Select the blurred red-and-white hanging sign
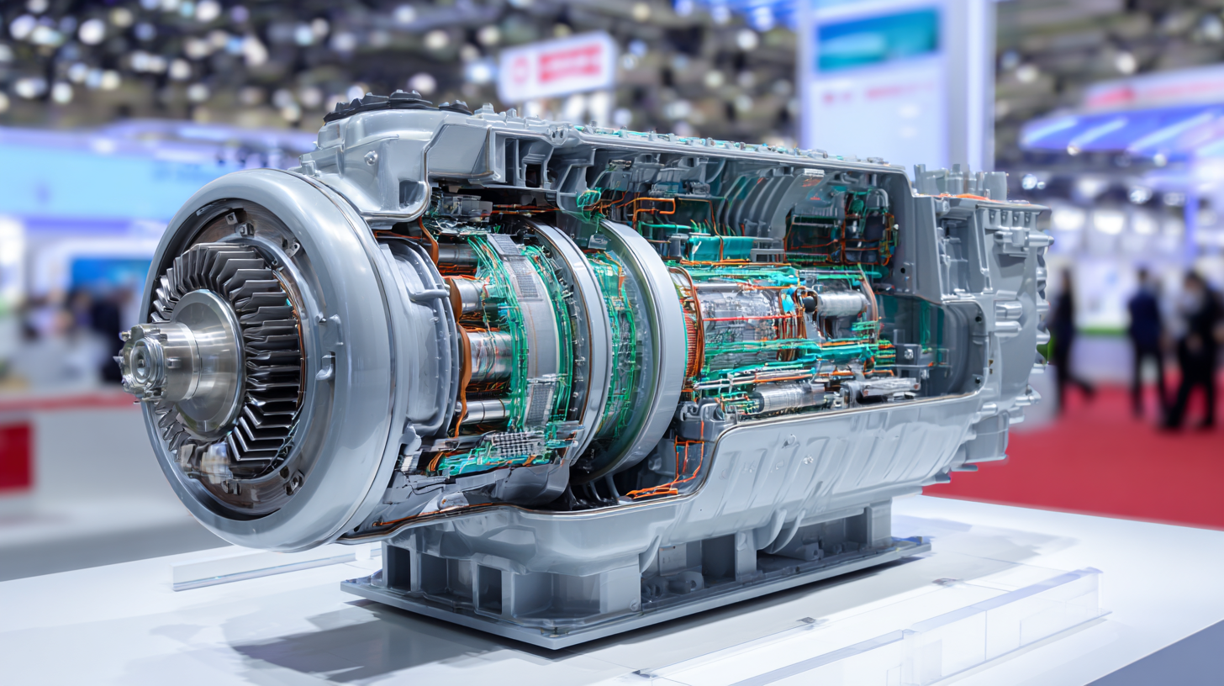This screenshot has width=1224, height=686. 557,66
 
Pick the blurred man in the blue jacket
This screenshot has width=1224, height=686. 1144,336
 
